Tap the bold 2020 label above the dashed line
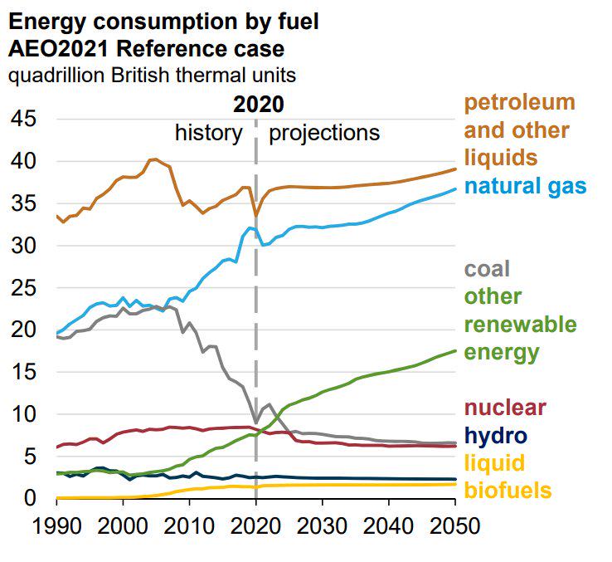tap(258, 105)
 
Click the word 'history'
tap(208, 133)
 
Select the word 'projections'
tap(324, 133)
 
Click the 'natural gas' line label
tap(526, 185)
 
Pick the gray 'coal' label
tap(487, 269)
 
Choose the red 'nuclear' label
tap(505, 408)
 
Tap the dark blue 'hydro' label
tap(496, 436)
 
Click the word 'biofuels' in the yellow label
tap(508, 491)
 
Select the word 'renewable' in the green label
tap(520, 324)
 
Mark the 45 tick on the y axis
tap(23, 120)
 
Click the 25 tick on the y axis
tap(23, 288)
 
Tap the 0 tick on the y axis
tap(31, 498)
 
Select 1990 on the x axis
tap(56, 525)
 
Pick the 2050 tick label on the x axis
tap(455, 525)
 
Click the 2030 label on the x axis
tap(323, 525)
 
